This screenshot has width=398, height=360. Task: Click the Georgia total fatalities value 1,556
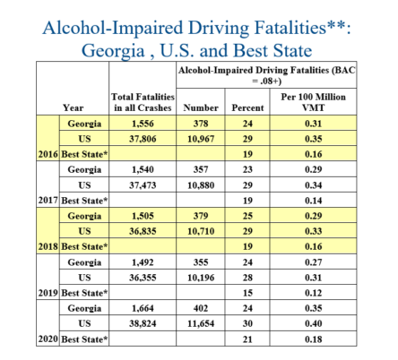coord(143,124)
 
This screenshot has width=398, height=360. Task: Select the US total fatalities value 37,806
coord(143,138)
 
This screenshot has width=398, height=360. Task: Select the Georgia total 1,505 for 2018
coord(143,215)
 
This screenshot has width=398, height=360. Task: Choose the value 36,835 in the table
coord(143,230)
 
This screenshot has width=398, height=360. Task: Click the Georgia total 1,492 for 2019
coord(143,261)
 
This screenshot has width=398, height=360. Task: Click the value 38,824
coord(143,323)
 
